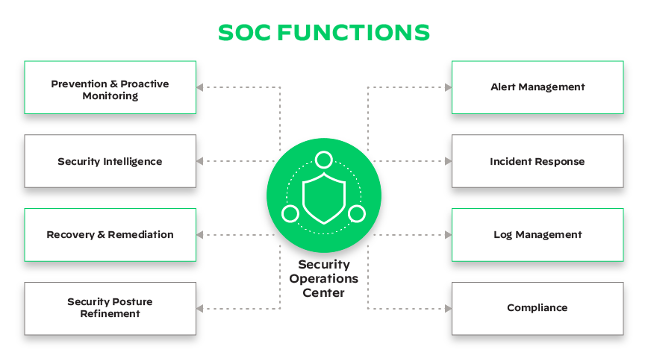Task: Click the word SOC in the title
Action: (245, 33)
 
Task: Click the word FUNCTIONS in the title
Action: (354, 33)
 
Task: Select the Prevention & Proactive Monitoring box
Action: (110, 88)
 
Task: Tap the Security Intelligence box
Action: (110, 161)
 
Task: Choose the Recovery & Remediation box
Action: (110, 234)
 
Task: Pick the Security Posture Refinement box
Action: (110, 307)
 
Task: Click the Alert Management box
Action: (538, 87)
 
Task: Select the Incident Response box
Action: (538, 161)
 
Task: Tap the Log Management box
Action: (538, 234)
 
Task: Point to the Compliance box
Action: (538, 307)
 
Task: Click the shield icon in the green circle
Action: (323, 195)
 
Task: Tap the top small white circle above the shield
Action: (323, 159)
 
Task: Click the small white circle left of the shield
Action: (290, 214)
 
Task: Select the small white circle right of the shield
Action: (356, 214)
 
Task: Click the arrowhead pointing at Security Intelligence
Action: (201, 161)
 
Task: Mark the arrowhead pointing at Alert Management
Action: (448, 87)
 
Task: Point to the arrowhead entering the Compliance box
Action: (448, 307)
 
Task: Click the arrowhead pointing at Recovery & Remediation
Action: (201, 234)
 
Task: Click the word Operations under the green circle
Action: (323, 279)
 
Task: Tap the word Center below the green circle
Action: (323, 293)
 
